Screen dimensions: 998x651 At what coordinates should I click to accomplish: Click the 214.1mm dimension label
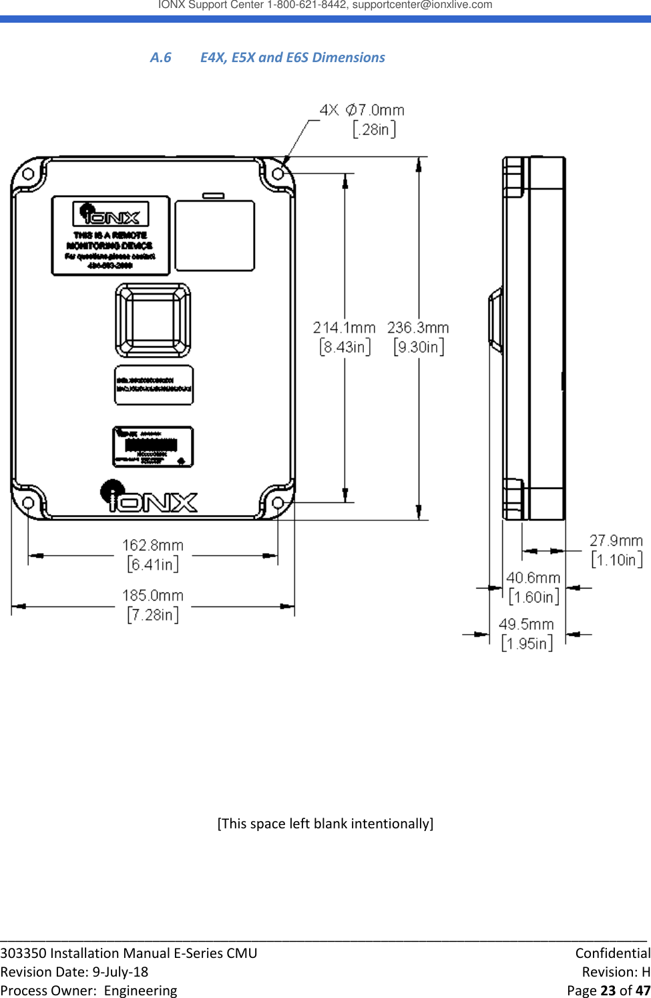pos(344,328)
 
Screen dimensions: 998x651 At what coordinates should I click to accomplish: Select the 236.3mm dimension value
pos(418,328)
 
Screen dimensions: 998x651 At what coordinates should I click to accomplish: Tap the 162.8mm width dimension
pos(153,546)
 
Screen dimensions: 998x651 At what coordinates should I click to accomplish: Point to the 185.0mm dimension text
pos(153,596)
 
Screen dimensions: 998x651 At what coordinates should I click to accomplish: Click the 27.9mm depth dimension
pos(616,541)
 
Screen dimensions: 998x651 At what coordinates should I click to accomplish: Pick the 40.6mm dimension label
pos(533,578)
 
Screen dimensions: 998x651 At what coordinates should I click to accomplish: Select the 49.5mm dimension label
pos(526,625)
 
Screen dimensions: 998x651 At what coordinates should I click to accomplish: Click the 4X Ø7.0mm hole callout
pos(363,110)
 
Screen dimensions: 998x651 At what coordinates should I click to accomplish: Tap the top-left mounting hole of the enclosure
pos(28,174)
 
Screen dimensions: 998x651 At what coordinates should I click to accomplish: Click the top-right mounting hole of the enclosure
pos(278,174)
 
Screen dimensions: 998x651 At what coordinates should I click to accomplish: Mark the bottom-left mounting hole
pos(28,502)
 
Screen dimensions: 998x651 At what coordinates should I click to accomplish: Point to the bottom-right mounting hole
pos(278,502)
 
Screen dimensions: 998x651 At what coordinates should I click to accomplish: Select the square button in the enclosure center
pos(153,320)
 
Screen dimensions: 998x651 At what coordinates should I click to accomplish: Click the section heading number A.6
pos(160,57)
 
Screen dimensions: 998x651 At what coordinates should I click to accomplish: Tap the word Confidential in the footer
pos(612,953)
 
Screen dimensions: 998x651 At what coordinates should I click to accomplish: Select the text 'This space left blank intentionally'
pos(325,824)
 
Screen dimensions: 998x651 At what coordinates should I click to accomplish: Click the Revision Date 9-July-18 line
pos(74,972)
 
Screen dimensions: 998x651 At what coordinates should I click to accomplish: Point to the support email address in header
pos(422,5)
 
